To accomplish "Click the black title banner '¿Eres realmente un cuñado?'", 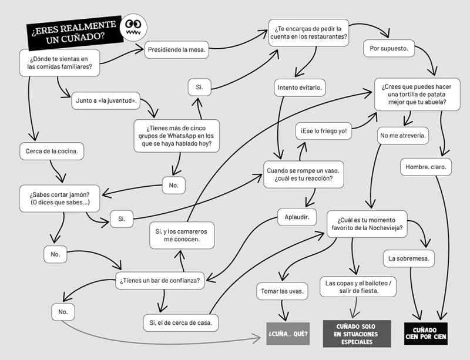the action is pos(75,33).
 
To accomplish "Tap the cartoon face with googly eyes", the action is pos(133,27).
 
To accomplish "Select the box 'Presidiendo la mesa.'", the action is pos(177,50).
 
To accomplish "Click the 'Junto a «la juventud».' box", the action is pos(106,100).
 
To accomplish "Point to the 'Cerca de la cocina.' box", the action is pos(52,151).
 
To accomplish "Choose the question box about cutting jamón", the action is pos(60,198).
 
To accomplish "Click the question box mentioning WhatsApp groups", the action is pos(176,136).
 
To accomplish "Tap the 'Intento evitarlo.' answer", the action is pos(300,88).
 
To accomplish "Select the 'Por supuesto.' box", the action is pos(389,49).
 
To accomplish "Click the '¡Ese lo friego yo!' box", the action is pos(324,131).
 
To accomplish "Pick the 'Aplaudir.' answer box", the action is pos(297,217).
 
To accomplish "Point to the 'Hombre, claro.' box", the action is pos(425,167).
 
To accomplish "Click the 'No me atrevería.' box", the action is pos(403,136).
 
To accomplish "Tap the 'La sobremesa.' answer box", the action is pos(409,258).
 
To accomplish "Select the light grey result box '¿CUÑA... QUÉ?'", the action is pos(288,334).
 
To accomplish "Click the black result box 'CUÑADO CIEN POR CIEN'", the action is pos(425,334).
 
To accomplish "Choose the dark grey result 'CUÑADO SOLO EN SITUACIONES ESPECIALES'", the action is pos(357,334).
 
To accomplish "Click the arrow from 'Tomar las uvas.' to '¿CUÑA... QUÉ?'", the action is pos(283,311).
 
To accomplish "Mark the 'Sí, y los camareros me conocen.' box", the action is pos(182,235).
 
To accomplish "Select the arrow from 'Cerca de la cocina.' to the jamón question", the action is pos(55,171).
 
